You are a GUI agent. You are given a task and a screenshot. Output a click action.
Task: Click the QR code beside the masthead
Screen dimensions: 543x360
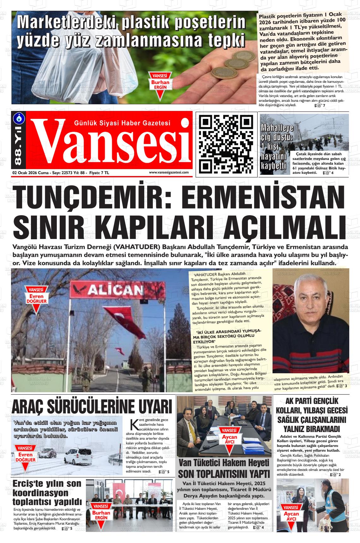point(226,144)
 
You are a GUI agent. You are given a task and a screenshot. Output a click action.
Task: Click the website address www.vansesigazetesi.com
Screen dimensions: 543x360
point(169,173)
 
